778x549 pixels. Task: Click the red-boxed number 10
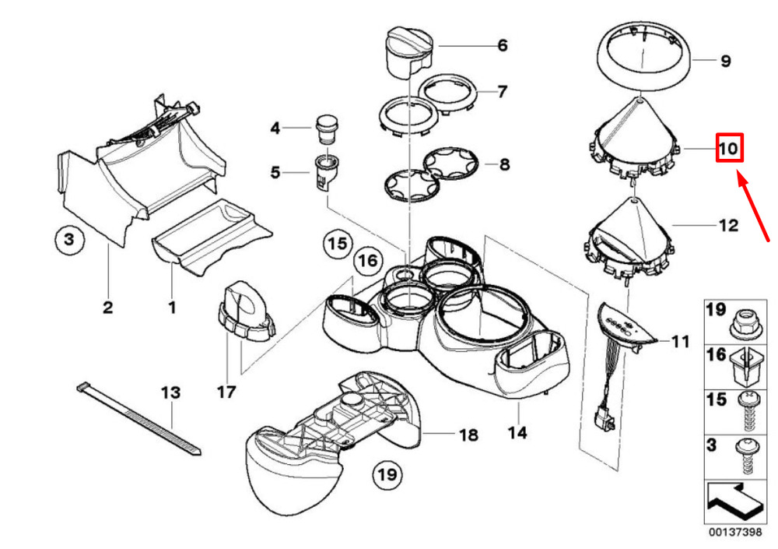point(730,148)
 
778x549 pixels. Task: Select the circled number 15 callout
point(336,245)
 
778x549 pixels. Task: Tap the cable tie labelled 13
point(140,420)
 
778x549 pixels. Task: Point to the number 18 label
point(468,435)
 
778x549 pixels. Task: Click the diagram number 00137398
point(735,533)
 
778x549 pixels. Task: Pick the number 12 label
point(727,226)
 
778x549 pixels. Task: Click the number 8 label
point(503,164)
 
